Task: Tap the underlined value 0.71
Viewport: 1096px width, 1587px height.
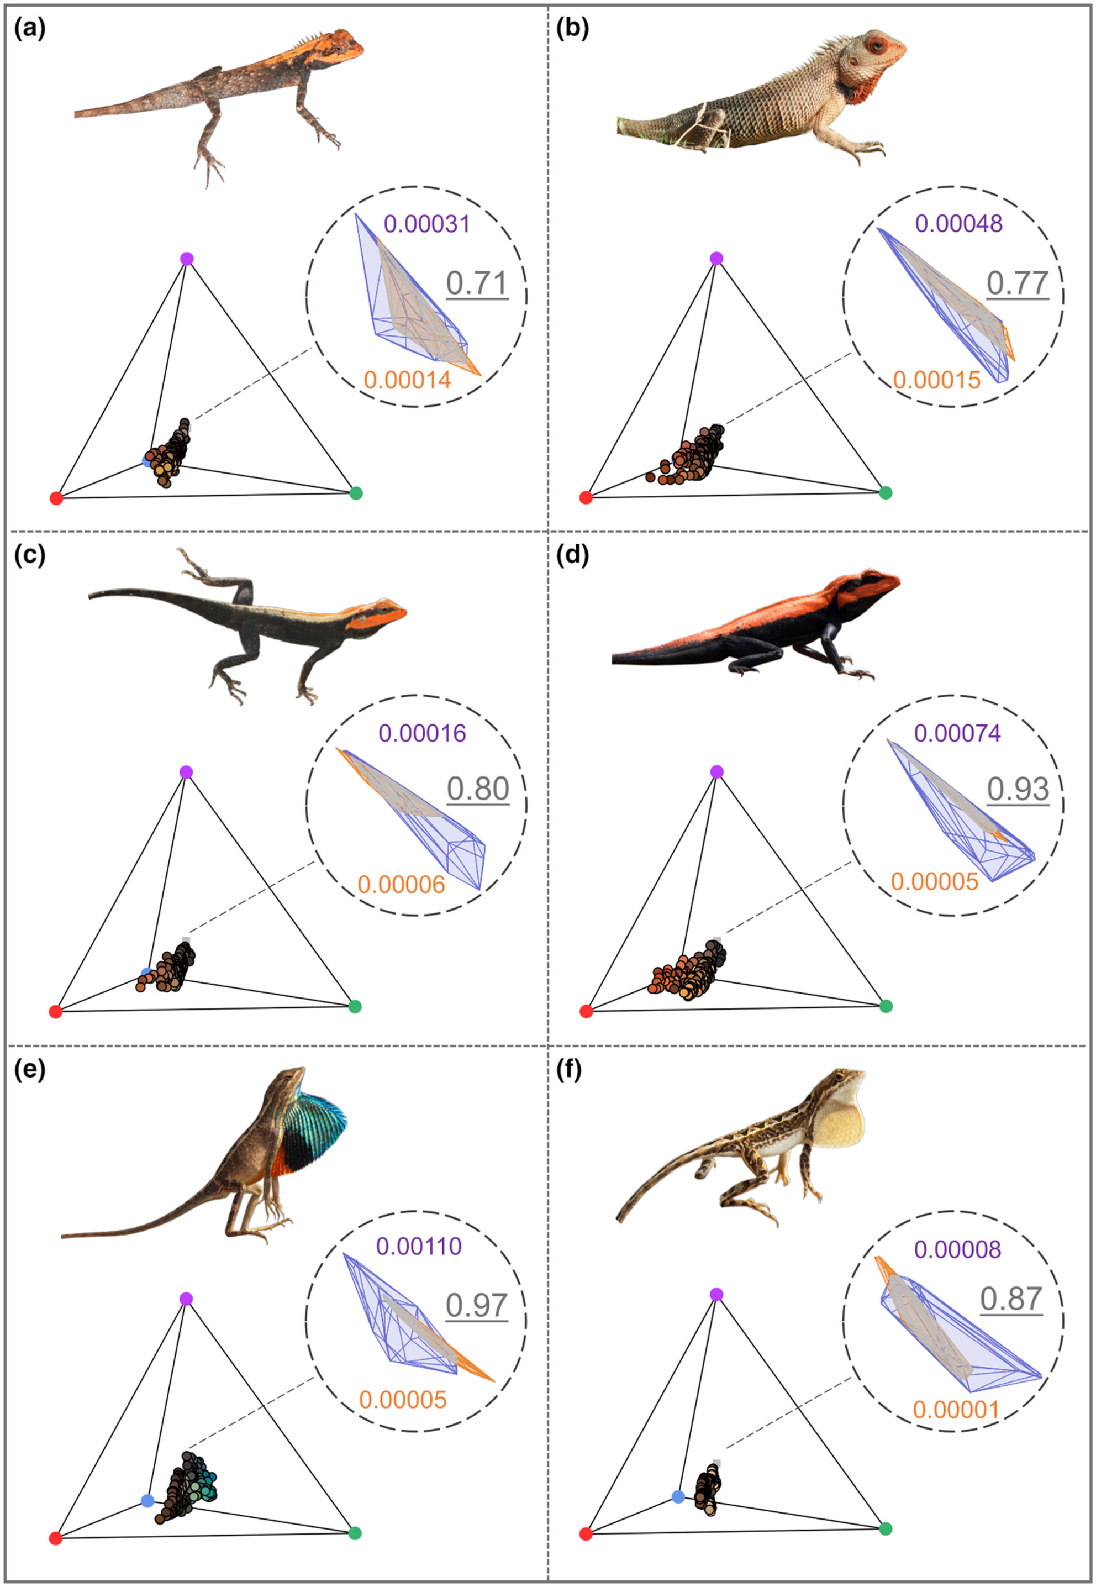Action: tap(477, 282)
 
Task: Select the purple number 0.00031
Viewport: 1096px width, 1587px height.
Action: tap(426, 223)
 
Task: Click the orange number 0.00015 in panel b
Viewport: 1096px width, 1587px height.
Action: tap(937, 380)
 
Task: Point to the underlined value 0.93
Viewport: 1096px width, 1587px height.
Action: tap(1018, 789)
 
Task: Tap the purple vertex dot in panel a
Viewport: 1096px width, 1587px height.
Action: tap(187, 259)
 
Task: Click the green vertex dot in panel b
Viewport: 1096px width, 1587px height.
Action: tap(886, 492)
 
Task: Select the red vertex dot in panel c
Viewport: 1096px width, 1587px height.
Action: tap(56, 1012)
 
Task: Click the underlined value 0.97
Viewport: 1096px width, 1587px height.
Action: tap(477, 1305)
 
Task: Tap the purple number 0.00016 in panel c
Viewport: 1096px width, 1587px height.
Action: tap(423, 733)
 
